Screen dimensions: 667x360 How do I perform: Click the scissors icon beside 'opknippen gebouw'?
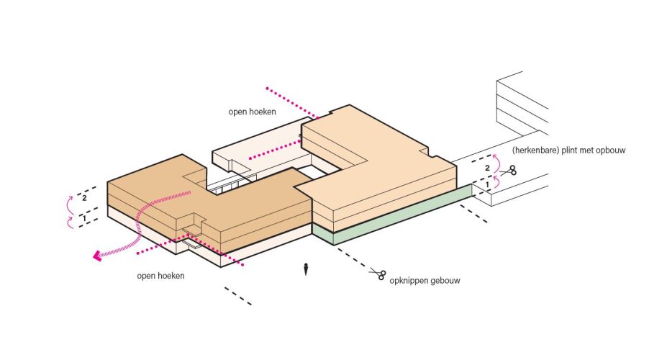pos(378,274)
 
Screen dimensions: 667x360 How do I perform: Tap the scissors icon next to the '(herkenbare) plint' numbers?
pos(509,171)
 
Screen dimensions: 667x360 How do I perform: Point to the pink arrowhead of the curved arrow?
pos(97,256)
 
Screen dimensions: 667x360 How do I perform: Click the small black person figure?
pos(305,269)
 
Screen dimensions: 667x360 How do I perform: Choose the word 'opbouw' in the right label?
pos(612,150)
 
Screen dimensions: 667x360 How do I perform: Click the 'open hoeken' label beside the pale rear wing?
pos(253,112)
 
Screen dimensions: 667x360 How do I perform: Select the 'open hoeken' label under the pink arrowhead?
pos(160,276)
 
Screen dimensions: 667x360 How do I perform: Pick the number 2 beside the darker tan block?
pos(84,198)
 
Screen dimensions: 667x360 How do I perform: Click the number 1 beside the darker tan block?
pos(83,218)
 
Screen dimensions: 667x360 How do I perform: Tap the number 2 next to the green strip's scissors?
pos(488,168)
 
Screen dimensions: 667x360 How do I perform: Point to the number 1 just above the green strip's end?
pos(487,185)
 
